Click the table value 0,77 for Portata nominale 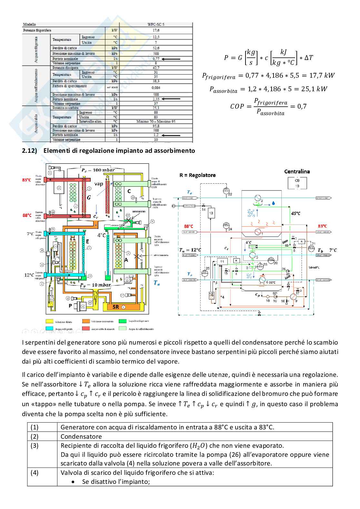[156, 59]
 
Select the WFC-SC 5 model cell [156, 24]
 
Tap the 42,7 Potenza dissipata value [156, 68]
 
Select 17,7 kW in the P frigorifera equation [325, 75]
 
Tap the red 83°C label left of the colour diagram [26, 180]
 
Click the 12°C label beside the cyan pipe [29, 275]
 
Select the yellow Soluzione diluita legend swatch [49, 321]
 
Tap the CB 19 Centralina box [297, 183]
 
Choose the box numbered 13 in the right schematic [211, 213]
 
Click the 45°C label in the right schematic [295, 213]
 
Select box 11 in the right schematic [222, 261]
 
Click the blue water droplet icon [274, 203]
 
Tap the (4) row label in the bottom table [35, 473]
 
